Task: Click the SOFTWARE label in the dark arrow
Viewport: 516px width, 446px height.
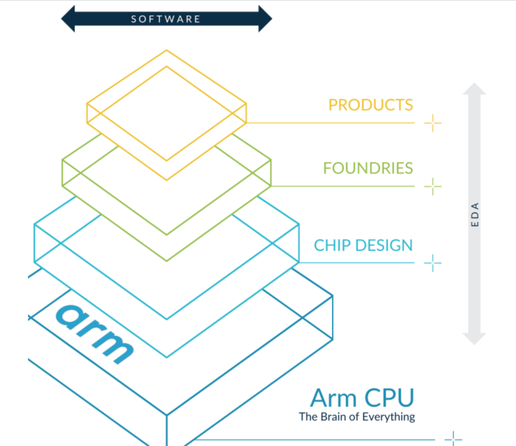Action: [166, 19]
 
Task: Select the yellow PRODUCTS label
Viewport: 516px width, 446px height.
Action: [370, 105]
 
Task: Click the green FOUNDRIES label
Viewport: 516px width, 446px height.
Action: [368, 168]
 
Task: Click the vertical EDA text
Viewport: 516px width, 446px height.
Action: [475, 214]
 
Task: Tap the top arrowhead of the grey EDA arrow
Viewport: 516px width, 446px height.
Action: [474, 89]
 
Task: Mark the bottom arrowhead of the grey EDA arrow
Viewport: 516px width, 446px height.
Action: [474, 339]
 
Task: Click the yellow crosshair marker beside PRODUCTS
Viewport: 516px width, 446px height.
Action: [433, 123]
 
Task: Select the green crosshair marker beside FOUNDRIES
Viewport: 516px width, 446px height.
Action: [433, 186]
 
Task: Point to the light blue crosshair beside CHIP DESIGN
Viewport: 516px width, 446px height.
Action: [433, 263]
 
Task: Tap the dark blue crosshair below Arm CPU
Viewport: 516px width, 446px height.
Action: [453, 439]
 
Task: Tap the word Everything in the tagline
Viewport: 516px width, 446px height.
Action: [388, 417]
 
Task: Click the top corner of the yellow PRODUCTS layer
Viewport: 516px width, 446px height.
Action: [166, 50]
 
